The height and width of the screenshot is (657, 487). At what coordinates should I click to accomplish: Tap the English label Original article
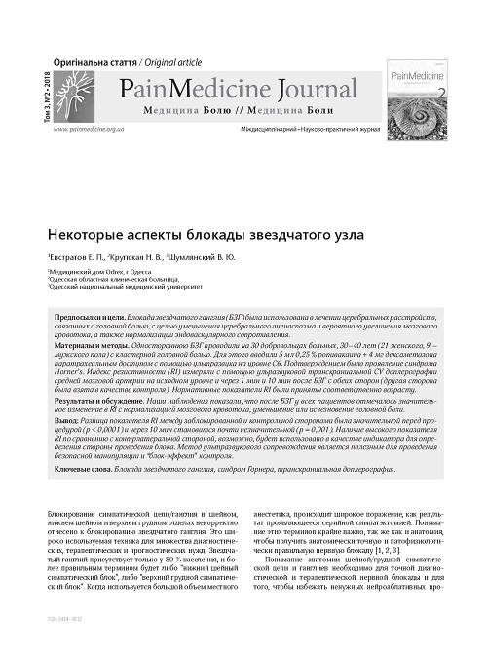[x=164, y=60]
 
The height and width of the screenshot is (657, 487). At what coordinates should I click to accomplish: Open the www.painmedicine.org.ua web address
[x=94, y=129]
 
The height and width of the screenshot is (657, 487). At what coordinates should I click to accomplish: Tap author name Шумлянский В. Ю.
[x=230, y=257]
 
